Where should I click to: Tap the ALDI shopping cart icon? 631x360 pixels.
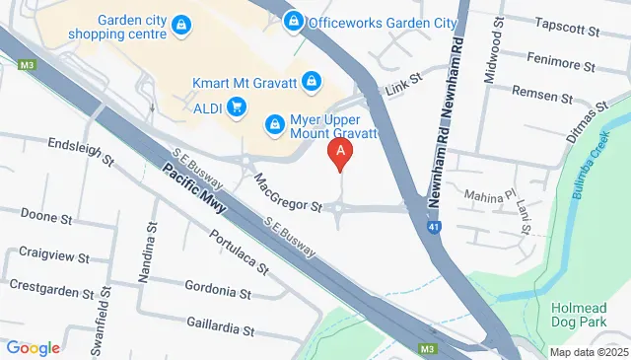[236, 107]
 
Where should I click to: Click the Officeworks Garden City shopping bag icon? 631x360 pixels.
[293, 21]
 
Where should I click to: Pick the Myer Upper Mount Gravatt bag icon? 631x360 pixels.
[275, 125]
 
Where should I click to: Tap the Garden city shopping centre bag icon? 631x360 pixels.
[181, 25]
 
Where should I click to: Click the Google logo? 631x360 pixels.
[34, 347]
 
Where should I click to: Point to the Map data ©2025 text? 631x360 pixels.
[588, 352]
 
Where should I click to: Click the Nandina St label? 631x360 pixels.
[150, 254]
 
